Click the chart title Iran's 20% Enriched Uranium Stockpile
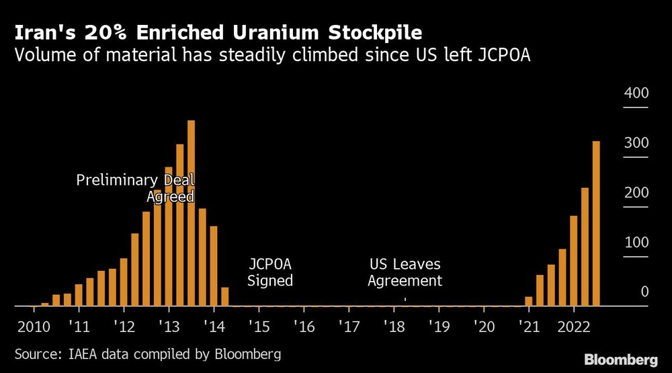point(219,32)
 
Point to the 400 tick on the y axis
point(636,93)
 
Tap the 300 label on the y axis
point(636,143)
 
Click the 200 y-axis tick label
point(636,193)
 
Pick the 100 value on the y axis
point(636,243)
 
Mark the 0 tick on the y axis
point(644,292)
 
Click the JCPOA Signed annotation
point(270,272)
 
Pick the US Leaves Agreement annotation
point(405,272)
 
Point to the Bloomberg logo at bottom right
point(621,360)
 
